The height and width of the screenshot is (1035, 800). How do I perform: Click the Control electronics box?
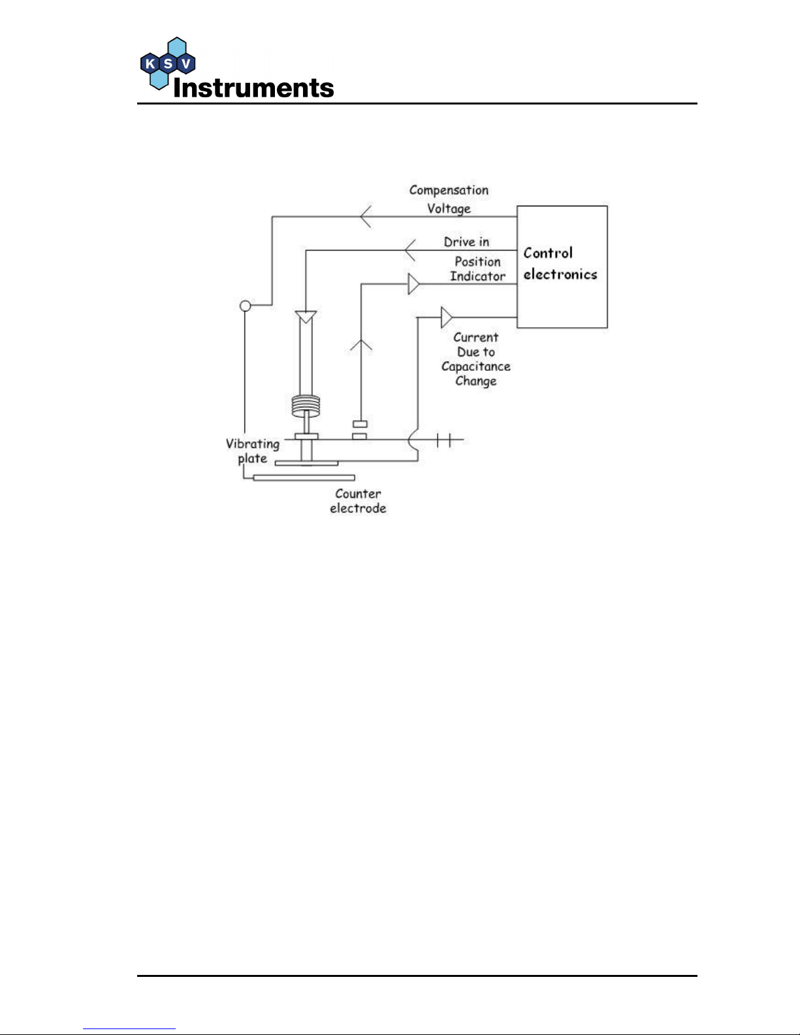click(562, 266)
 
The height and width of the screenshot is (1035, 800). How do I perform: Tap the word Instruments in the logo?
click(253, 88)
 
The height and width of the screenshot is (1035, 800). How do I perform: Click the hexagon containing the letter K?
click(150, 64)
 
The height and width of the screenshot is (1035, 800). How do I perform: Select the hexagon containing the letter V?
click(186, 64)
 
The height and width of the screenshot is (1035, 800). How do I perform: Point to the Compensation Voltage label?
click(449, 199)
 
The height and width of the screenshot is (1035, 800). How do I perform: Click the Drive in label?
click(466, 242)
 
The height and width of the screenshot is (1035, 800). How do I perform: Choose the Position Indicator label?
click(477, 268)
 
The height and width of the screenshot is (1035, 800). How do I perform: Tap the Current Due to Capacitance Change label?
click(475, 358)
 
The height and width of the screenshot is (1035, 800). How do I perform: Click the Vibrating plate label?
click(252, 451)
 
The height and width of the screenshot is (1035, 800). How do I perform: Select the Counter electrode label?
click(358, 501)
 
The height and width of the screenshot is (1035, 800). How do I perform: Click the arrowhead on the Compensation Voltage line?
click(366, 216)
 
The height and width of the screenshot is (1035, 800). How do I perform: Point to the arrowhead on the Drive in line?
click(409, 250)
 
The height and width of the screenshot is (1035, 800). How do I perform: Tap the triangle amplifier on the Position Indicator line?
click(413, 284)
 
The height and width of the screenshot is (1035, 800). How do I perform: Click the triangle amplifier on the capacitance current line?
click(446, 317)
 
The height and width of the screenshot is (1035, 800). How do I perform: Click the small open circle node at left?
click(246, 305)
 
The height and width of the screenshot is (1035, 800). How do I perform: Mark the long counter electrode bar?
click(304, 478)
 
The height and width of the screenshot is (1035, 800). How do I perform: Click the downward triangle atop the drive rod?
click(306, 317)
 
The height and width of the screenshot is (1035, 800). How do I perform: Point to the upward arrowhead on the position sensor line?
click(361, 345)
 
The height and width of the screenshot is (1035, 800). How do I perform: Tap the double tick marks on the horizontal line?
click(443, 441)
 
